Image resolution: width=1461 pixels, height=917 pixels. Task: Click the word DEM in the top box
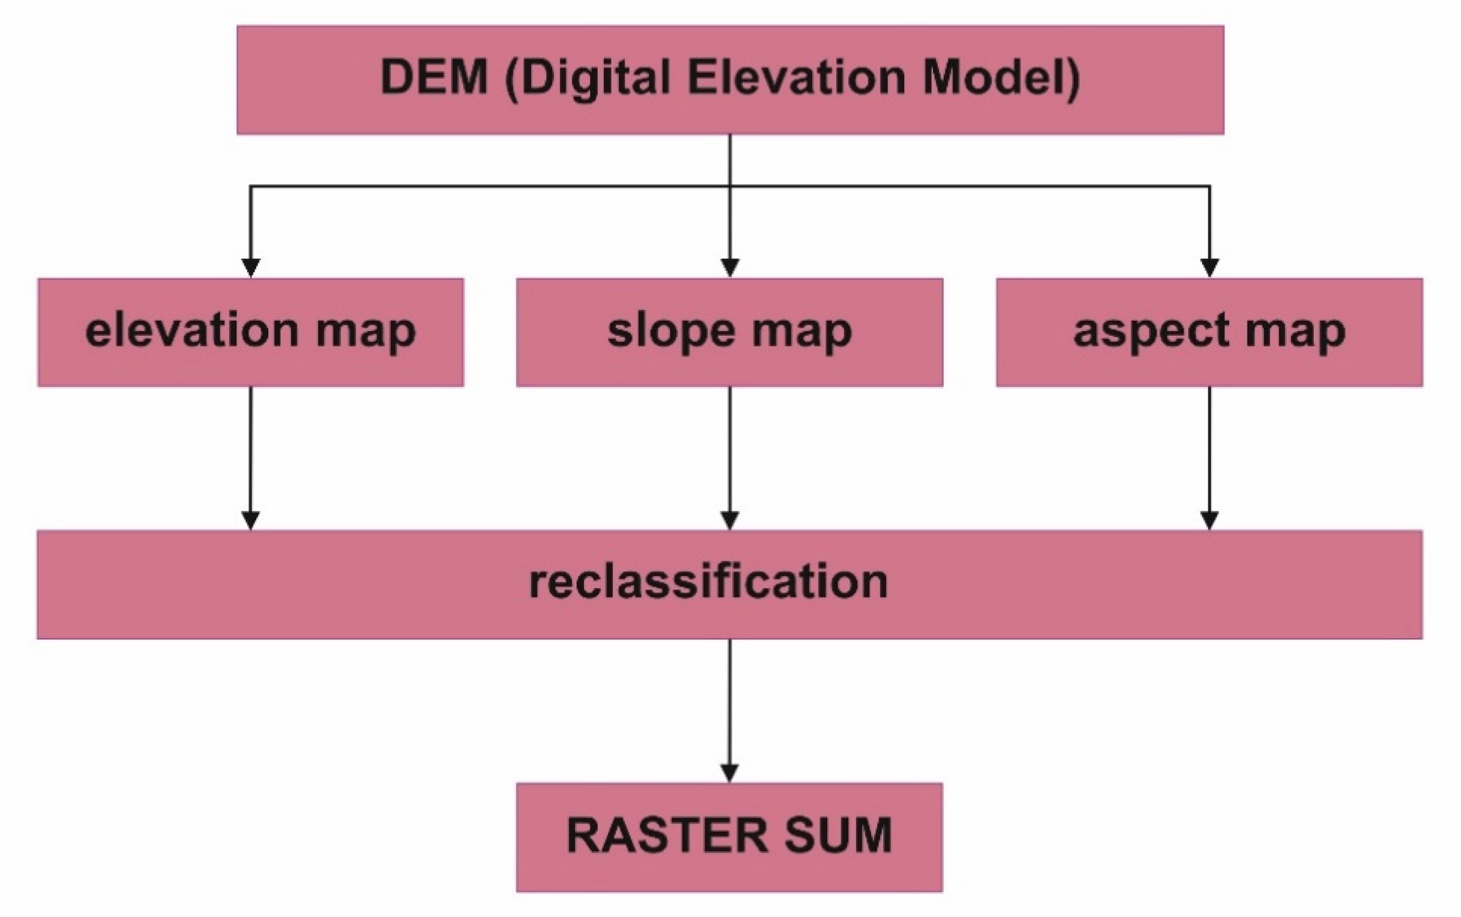pyautogui.click(x=434, y=78)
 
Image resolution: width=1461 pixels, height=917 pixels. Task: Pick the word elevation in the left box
pyautogui.click(x=193, y=331)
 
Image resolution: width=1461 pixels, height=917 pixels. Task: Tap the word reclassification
pyautogui.click(x=708, y=582)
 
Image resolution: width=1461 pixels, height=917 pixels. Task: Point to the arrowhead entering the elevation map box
pyautogui.click(x=251, y=267)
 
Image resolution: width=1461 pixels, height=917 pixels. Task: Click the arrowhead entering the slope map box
pyautogui.click(x=730, y=267)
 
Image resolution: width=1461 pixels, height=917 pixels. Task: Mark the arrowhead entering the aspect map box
pyautogui.click(x=1210, y=267)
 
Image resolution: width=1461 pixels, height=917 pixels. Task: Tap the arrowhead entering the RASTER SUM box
pyautogui.click(x=729, y=773)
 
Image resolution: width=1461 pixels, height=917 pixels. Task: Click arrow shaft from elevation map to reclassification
pyautogui.click(x=251, y=449)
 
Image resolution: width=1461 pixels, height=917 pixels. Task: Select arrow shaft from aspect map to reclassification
pyautogui.click(x=1210, y=449)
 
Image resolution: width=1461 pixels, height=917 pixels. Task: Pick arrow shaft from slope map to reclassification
pyautogui.click(x=730, y=449)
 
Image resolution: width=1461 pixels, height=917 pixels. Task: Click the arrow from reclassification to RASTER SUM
pyautogui.click(x=729, y=703)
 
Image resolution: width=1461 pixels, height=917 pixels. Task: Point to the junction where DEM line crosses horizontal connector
pyautogui.click(x=730, y=186)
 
